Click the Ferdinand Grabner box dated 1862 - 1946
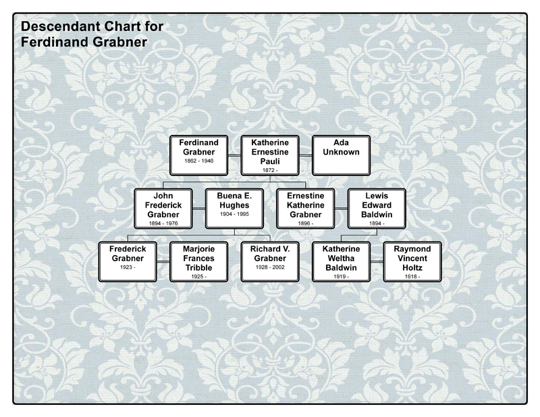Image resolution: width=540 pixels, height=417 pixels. click(198, 155)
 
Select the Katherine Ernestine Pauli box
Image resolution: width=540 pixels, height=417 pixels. click(270, 155)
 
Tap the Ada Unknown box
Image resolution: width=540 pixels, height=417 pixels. click(341, 155)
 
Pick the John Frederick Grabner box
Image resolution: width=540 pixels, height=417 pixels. click(163, 208)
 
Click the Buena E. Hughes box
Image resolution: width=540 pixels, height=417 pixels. click(234, 208)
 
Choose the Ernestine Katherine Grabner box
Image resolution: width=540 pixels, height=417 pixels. click(305, 208)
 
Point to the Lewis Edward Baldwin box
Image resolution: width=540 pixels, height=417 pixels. click(376, 208)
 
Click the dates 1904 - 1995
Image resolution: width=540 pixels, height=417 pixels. click(234, 213)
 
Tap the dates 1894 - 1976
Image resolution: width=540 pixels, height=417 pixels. click(163, 222)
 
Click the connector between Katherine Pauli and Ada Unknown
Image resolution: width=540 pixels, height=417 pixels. click(305, 155)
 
